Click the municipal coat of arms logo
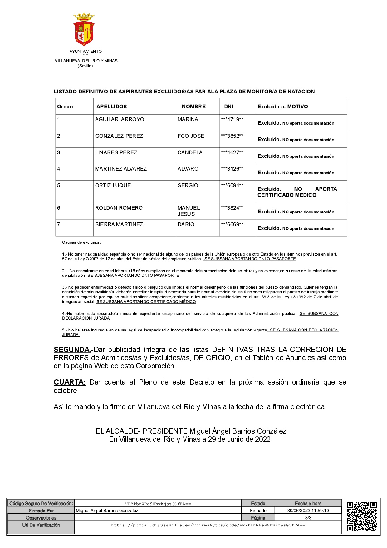pos(84,29)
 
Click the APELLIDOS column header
pos(111,107)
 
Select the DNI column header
pos(228,107)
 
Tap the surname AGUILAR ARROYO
pos(120,119)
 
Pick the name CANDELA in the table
pos(190,152)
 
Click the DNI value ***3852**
pos(232,136)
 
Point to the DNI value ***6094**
pos(232,185)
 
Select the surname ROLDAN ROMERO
pos(119,208)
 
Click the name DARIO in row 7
pos(186,224)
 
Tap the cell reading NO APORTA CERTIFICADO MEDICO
pos(297,192)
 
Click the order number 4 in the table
pos(59,169)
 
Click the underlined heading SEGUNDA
pos(72,350)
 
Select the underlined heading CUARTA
pos(69,382)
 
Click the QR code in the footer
pos(361,516)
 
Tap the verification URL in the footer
pos(208,525)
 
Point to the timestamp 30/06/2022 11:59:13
pos(308,511)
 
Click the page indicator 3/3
pos(308,518)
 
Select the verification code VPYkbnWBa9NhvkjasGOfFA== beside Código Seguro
pos(158,504)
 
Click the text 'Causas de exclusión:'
pos(81,242)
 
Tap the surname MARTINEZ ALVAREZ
pos(121,169)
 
